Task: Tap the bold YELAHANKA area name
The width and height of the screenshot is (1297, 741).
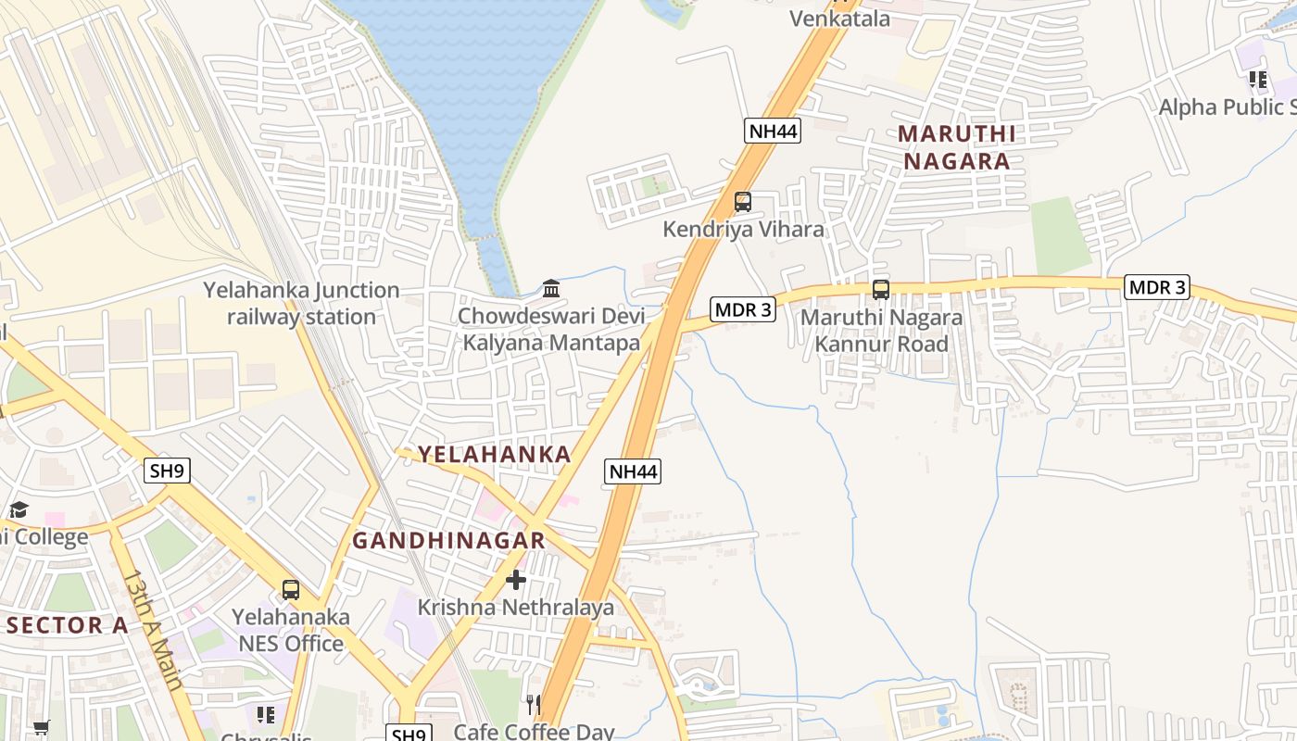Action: point(494,454)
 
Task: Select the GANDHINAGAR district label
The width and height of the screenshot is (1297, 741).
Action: point(448,540)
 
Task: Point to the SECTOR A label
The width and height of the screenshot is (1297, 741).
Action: point(67,625)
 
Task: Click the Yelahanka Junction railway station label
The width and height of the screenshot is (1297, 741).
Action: point(302,303)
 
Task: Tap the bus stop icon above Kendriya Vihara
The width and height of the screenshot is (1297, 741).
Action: point(742,202)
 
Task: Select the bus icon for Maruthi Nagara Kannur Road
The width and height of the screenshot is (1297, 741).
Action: point(880,290)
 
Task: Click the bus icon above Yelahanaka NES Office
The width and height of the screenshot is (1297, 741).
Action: point(291,590)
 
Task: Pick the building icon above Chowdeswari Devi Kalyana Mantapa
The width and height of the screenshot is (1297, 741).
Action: point(551,289)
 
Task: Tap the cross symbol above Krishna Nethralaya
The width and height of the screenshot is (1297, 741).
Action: point(516,580)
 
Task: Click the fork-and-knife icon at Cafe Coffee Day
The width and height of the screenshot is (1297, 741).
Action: point(533,705)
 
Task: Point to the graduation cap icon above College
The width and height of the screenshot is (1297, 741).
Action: point(19,509)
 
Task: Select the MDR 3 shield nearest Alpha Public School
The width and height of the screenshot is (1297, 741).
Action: point(1156,287)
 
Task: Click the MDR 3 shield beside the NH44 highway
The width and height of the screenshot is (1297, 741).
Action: point(742,309)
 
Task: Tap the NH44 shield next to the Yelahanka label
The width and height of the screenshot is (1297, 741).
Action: point(634,471)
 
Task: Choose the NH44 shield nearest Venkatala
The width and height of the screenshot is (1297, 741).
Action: point(772,131)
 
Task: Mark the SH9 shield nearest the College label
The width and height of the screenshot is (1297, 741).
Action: point(168,471)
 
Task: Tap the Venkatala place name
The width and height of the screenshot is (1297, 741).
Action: point(839,19)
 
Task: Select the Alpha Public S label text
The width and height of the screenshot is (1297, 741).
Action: point(1227,107)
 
